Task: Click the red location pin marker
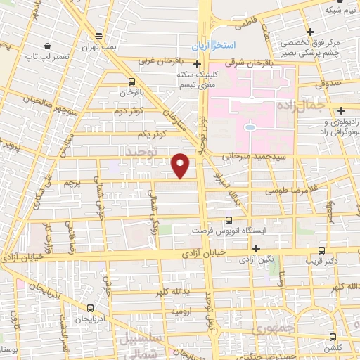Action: point(181,165)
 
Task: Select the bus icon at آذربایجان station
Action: point(90,308)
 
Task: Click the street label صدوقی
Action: point(333,83)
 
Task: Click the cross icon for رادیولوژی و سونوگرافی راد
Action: point(342,111)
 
